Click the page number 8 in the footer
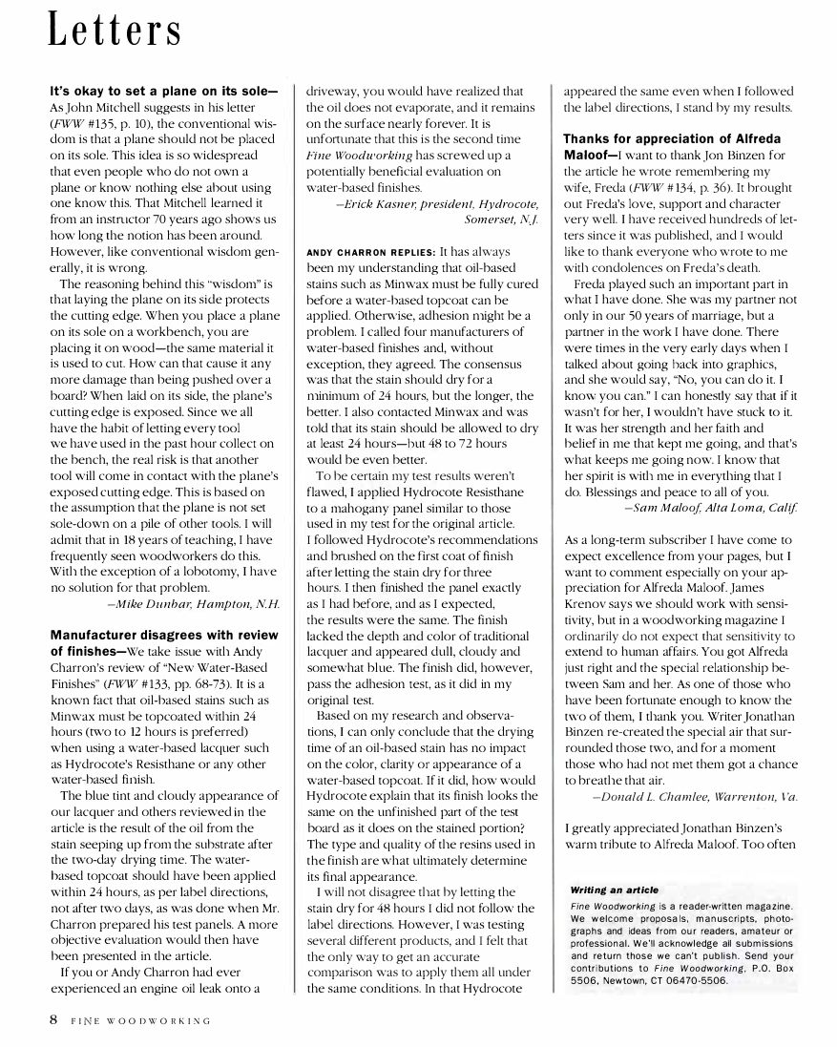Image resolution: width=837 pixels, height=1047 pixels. click(x=54, y=1019)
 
